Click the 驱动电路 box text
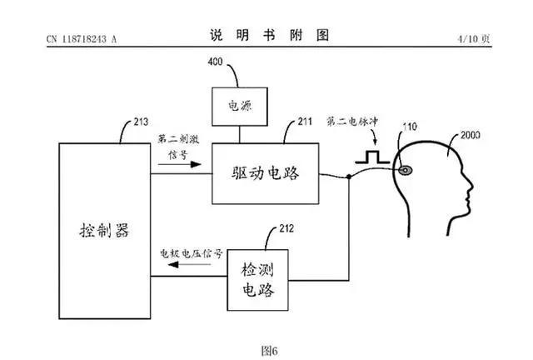(265, 174)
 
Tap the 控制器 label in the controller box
(101, 231)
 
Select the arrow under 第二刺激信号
(178, 165)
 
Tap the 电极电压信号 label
(192, 253)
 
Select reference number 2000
(471, 133)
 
